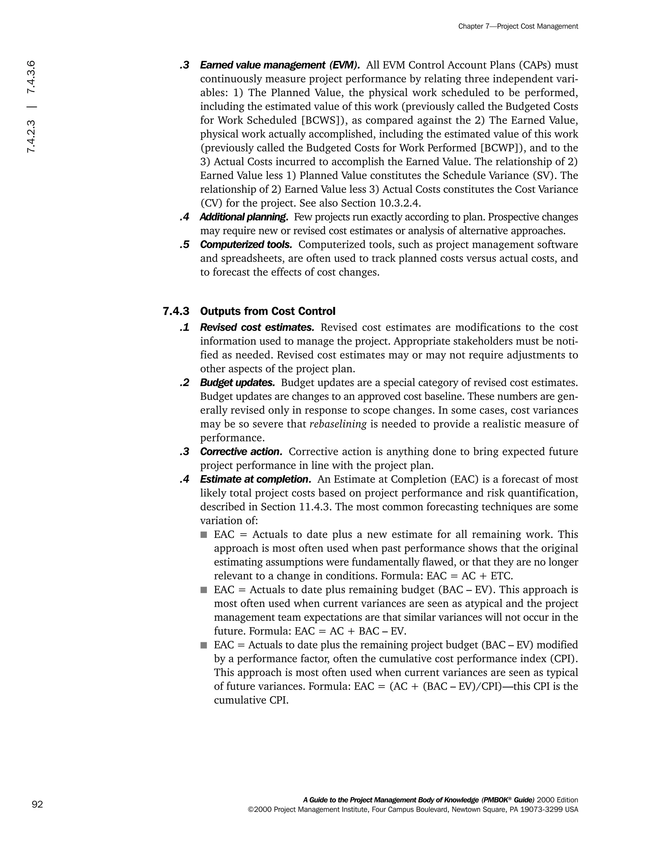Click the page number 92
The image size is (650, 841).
37,805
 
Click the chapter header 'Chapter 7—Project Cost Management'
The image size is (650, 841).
518,26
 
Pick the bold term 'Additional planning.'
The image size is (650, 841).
244,217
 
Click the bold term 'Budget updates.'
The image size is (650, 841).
237,383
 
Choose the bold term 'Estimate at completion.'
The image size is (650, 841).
255,480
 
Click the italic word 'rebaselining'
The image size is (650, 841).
338,424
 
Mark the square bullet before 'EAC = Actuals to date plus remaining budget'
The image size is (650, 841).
204,590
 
